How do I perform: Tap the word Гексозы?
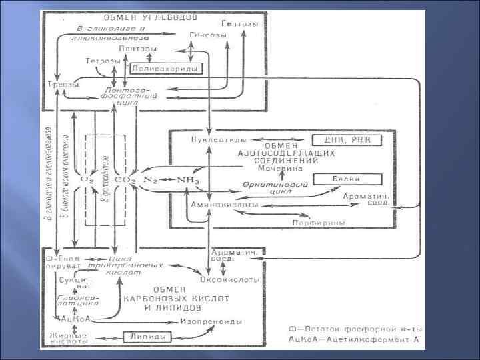202,35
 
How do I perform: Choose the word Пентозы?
138,49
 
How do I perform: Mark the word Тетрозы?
103,61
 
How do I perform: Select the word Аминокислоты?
220,205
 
